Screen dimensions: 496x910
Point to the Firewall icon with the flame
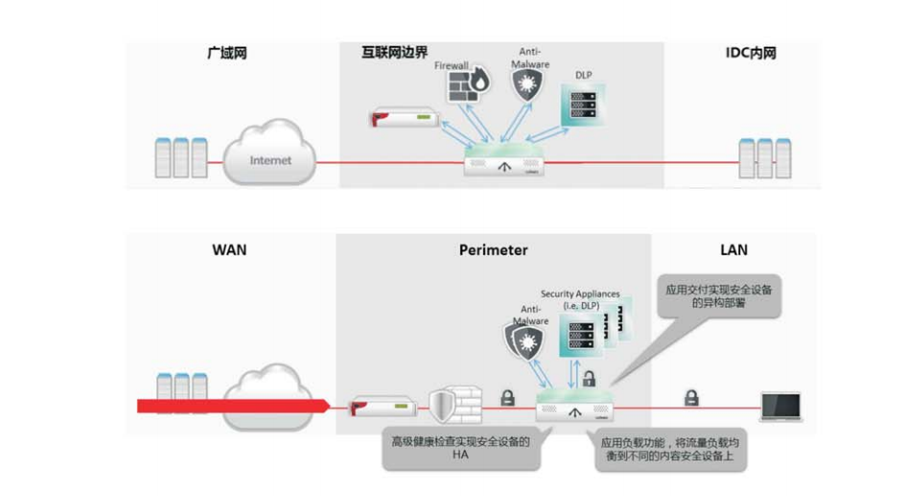tap(467, 88)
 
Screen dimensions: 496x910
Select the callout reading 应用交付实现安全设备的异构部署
tap(718, 296)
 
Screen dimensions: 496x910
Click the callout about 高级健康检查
tap(458, 449)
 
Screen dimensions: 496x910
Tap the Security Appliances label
tap(580, 298)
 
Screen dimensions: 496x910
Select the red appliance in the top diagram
tap(403, 119)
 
